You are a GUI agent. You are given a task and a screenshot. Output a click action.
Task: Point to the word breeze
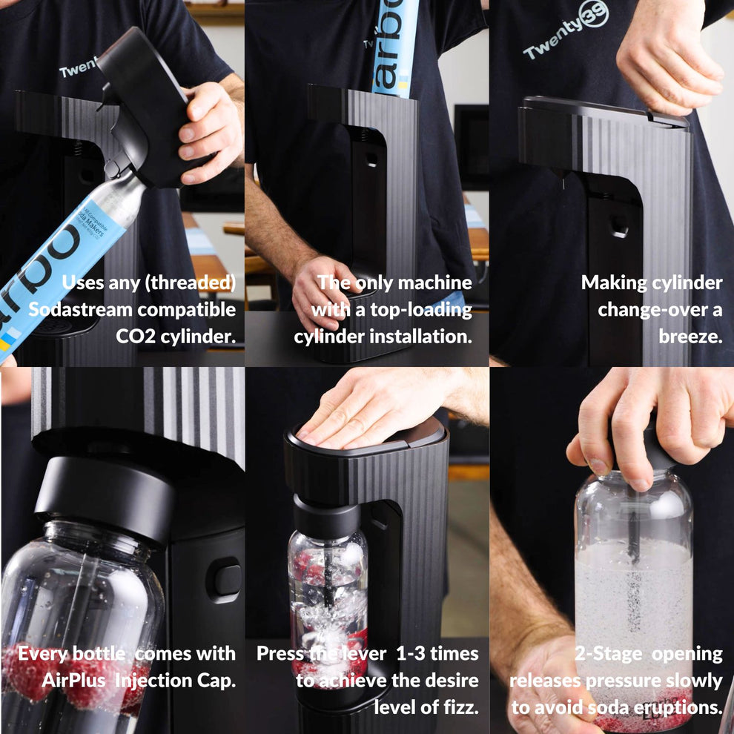point(690,336)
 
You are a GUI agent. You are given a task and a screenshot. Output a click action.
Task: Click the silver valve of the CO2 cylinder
point(122,193)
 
